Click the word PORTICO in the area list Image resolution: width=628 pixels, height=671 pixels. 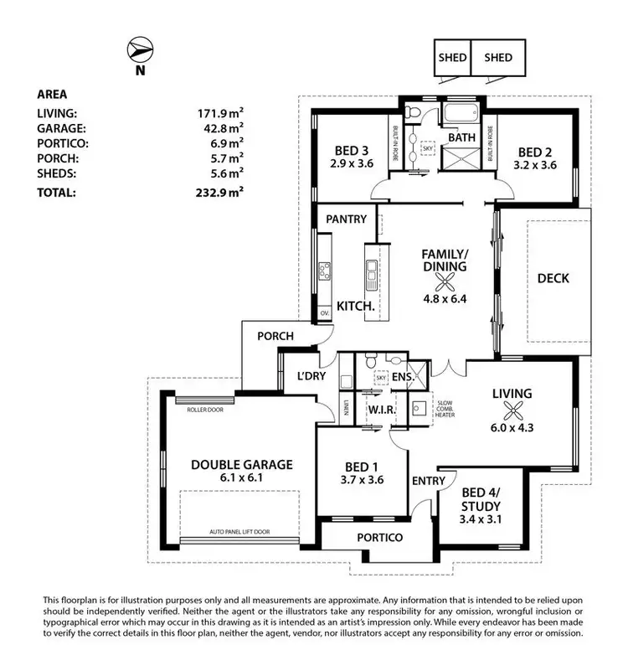click(x=63, y=142)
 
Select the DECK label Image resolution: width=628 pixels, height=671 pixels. click(x=553, y=279)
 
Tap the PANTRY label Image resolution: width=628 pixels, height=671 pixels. click(x=347, y=219)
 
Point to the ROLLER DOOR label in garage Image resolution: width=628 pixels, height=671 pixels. click(x=205, y=410)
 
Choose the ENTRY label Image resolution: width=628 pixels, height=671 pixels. click(x=428, y=481)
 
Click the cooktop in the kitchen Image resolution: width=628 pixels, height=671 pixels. click(x=324, y=270)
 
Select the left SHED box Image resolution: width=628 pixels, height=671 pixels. click(x=452, y=58)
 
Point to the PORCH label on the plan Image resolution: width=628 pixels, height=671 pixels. click(x=275, y=337)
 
